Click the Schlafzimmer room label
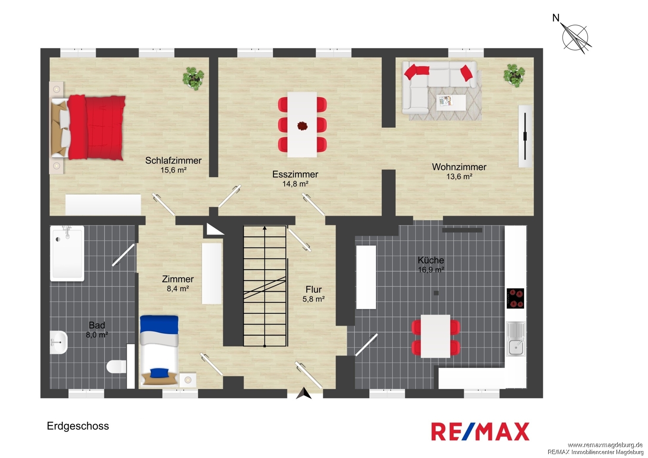pyautogui.click(x=173, y=160)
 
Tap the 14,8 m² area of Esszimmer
pyautogui.click(x=295, y=184)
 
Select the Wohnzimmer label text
pyautogui.click(x=459, y=167)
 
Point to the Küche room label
pyautogui.click(x=431, y=260)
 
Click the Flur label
pyautogui.click(x=314, y=289)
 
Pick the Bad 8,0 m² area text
pyautogui.click(x=97, y=335)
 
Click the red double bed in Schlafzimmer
pyautogui.click(x=88, y=127)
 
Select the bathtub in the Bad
pyautogui.click(x=67, y=254)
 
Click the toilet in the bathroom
pyautogui.click(x=116, y=366)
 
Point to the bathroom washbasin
pyautogui.click(x=59, y=343)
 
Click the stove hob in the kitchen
pyautogui.click(x=515, y=298)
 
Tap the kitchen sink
pyautogui.click(x=516, y=339)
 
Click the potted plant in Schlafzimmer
pyautogui.click(x=193, y=78)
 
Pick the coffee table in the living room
pyautogui.click(x=451, y=102)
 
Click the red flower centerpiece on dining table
pyautogui.click(x=302, y=126)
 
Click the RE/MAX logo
pyautogui.click(x=480, y=431)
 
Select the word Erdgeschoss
pyautogui.click(x=78, y=426)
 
